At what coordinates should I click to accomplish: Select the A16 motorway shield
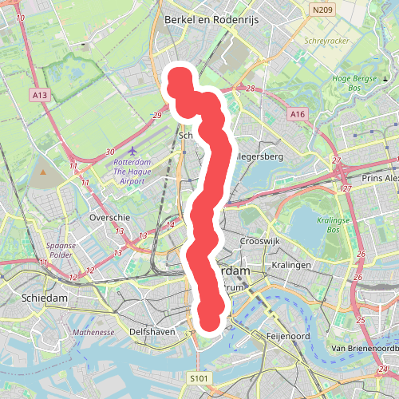pyautogui.click(x=298, y=115)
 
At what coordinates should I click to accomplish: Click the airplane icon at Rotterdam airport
pyautogui.click(x=132, y=150)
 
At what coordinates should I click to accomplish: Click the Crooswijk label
pyautogui.click(x=259, y=240)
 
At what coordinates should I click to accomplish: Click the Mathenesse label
pyautogui.click(x=94, y=331)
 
